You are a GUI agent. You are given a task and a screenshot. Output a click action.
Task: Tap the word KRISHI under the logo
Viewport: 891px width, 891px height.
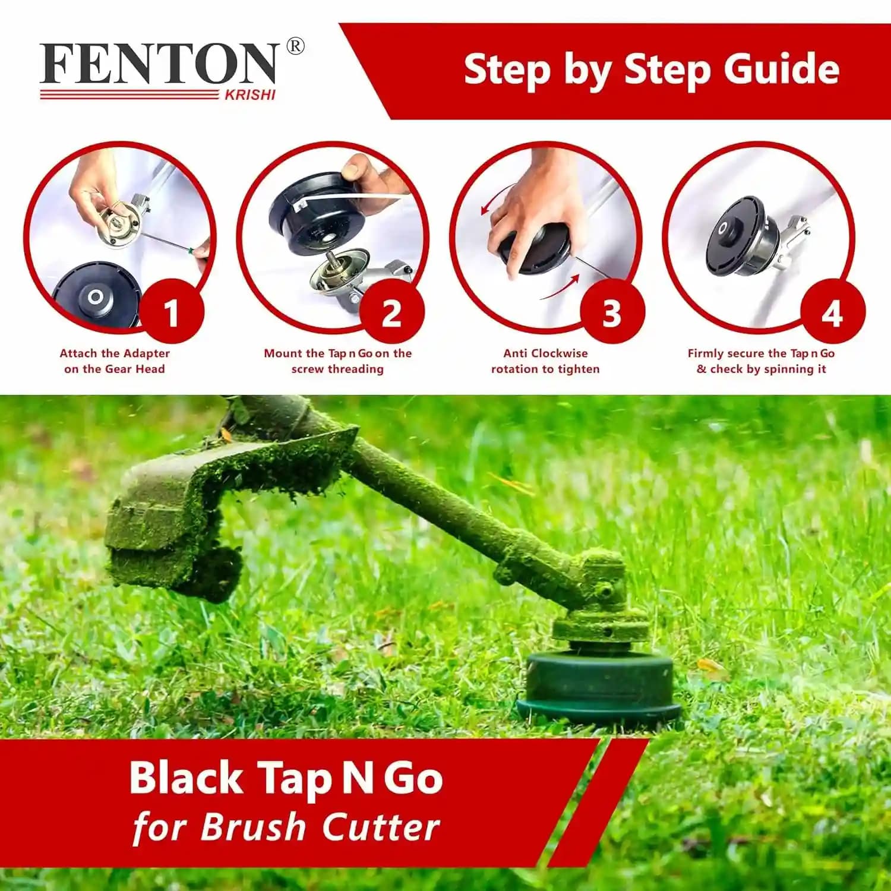pyautogui.click(x=249, y=95)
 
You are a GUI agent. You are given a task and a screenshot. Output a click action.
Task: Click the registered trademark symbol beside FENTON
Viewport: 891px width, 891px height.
pyautogui.click(x=295, y=46)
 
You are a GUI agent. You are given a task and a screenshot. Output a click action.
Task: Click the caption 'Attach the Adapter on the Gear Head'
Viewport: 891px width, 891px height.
pyautogui.click(x=115, y=361)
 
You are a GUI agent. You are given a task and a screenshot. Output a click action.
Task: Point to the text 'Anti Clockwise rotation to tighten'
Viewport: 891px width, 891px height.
pyautogui.click(x=545, y=361)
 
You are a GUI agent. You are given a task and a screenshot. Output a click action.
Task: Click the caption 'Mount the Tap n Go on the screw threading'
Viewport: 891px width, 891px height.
pyautogui.click(x=337, y=361)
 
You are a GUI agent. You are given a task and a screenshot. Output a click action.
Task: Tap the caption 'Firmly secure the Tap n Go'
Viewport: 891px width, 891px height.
pyautogui.click(x=761, y=354)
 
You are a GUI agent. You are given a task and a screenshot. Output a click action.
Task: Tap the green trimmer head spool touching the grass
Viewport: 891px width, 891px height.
pyautogui.click(x=599, y=689)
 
